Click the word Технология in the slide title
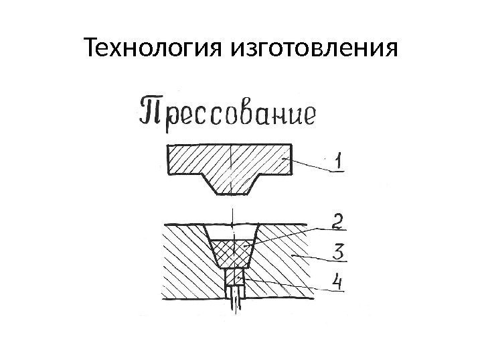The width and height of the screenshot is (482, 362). tap(155, 48)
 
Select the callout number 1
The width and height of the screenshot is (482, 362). tap(340, 162)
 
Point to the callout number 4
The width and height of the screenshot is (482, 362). tap(339, 283)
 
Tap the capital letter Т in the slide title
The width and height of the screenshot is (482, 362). tap(92, 48)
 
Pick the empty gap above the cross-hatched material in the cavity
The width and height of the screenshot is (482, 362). tap(231, 233)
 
